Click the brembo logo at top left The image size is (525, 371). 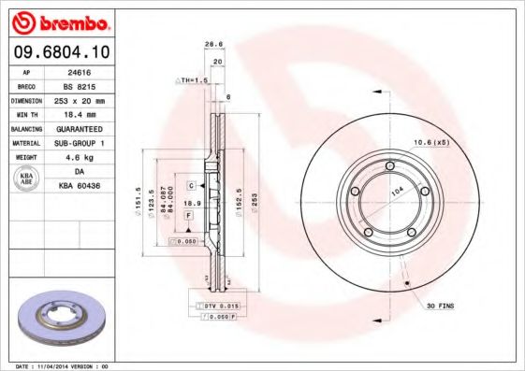(x=60, y=21)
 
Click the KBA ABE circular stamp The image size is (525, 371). (x=28, y=178)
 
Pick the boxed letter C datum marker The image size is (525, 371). (x=189, y=186)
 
